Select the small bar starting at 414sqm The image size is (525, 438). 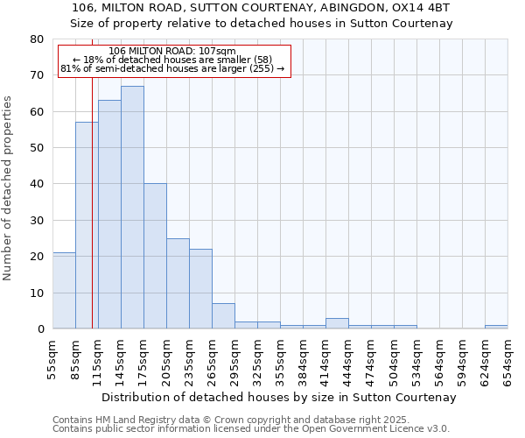click(x=337, y=323)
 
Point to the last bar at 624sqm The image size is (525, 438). click(x=496, y=327)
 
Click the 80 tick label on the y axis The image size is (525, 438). click(x=36, y=39)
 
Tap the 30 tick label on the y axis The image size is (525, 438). click(x=36, y=221)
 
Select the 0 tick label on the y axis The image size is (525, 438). click(x=39, y=329)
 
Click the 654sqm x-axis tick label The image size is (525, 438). click(x=508, y=362)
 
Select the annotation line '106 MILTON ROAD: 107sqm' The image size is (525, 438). click(x=174, y=52)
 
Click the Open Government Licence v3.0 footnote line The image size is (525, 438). click(x=251, y=429)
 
